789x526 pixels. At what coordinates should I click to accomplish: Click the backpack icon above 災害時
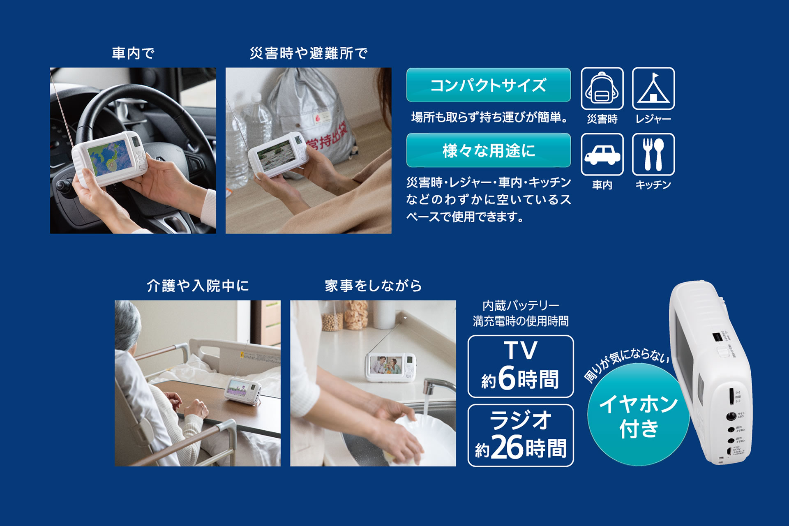pos(602,88)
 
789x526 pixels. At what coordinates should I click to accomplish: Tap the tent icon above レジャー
pos(653,88)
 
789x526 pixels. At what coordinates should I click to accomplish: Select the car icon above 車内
pos(602,154)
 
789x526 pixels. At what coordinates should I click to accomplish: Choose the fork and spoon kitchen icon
pos(653,154)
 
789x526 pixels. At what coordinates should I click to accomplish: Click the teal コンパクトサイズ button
pos(488,85)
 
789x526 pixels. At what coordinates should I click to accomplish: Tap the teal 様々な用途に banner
pos(488,150)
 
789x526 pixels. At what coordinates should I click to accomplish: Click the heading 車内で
pos(133,53)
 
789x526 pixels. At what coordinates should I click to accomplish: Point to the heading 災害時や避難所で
pos(308,53)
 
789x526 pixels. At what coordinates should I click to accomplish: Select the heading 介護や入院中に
pos(198,286)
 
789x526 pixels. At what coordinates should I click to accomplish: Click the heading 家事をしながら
pos(373,286)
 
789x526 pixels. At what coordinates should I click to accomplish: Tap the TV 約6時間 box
pos(520,366)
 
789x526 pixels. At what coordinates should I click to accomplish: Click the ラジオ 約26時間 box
pos(520,435)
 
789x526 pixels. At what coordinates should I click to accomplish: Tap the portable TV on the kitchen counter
pos(390,366)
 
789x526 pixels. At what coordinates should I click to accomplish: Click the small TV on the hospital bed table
pos(242,390)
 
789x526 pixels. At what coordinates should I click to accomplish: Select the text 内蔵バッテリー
pos(520,305)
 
